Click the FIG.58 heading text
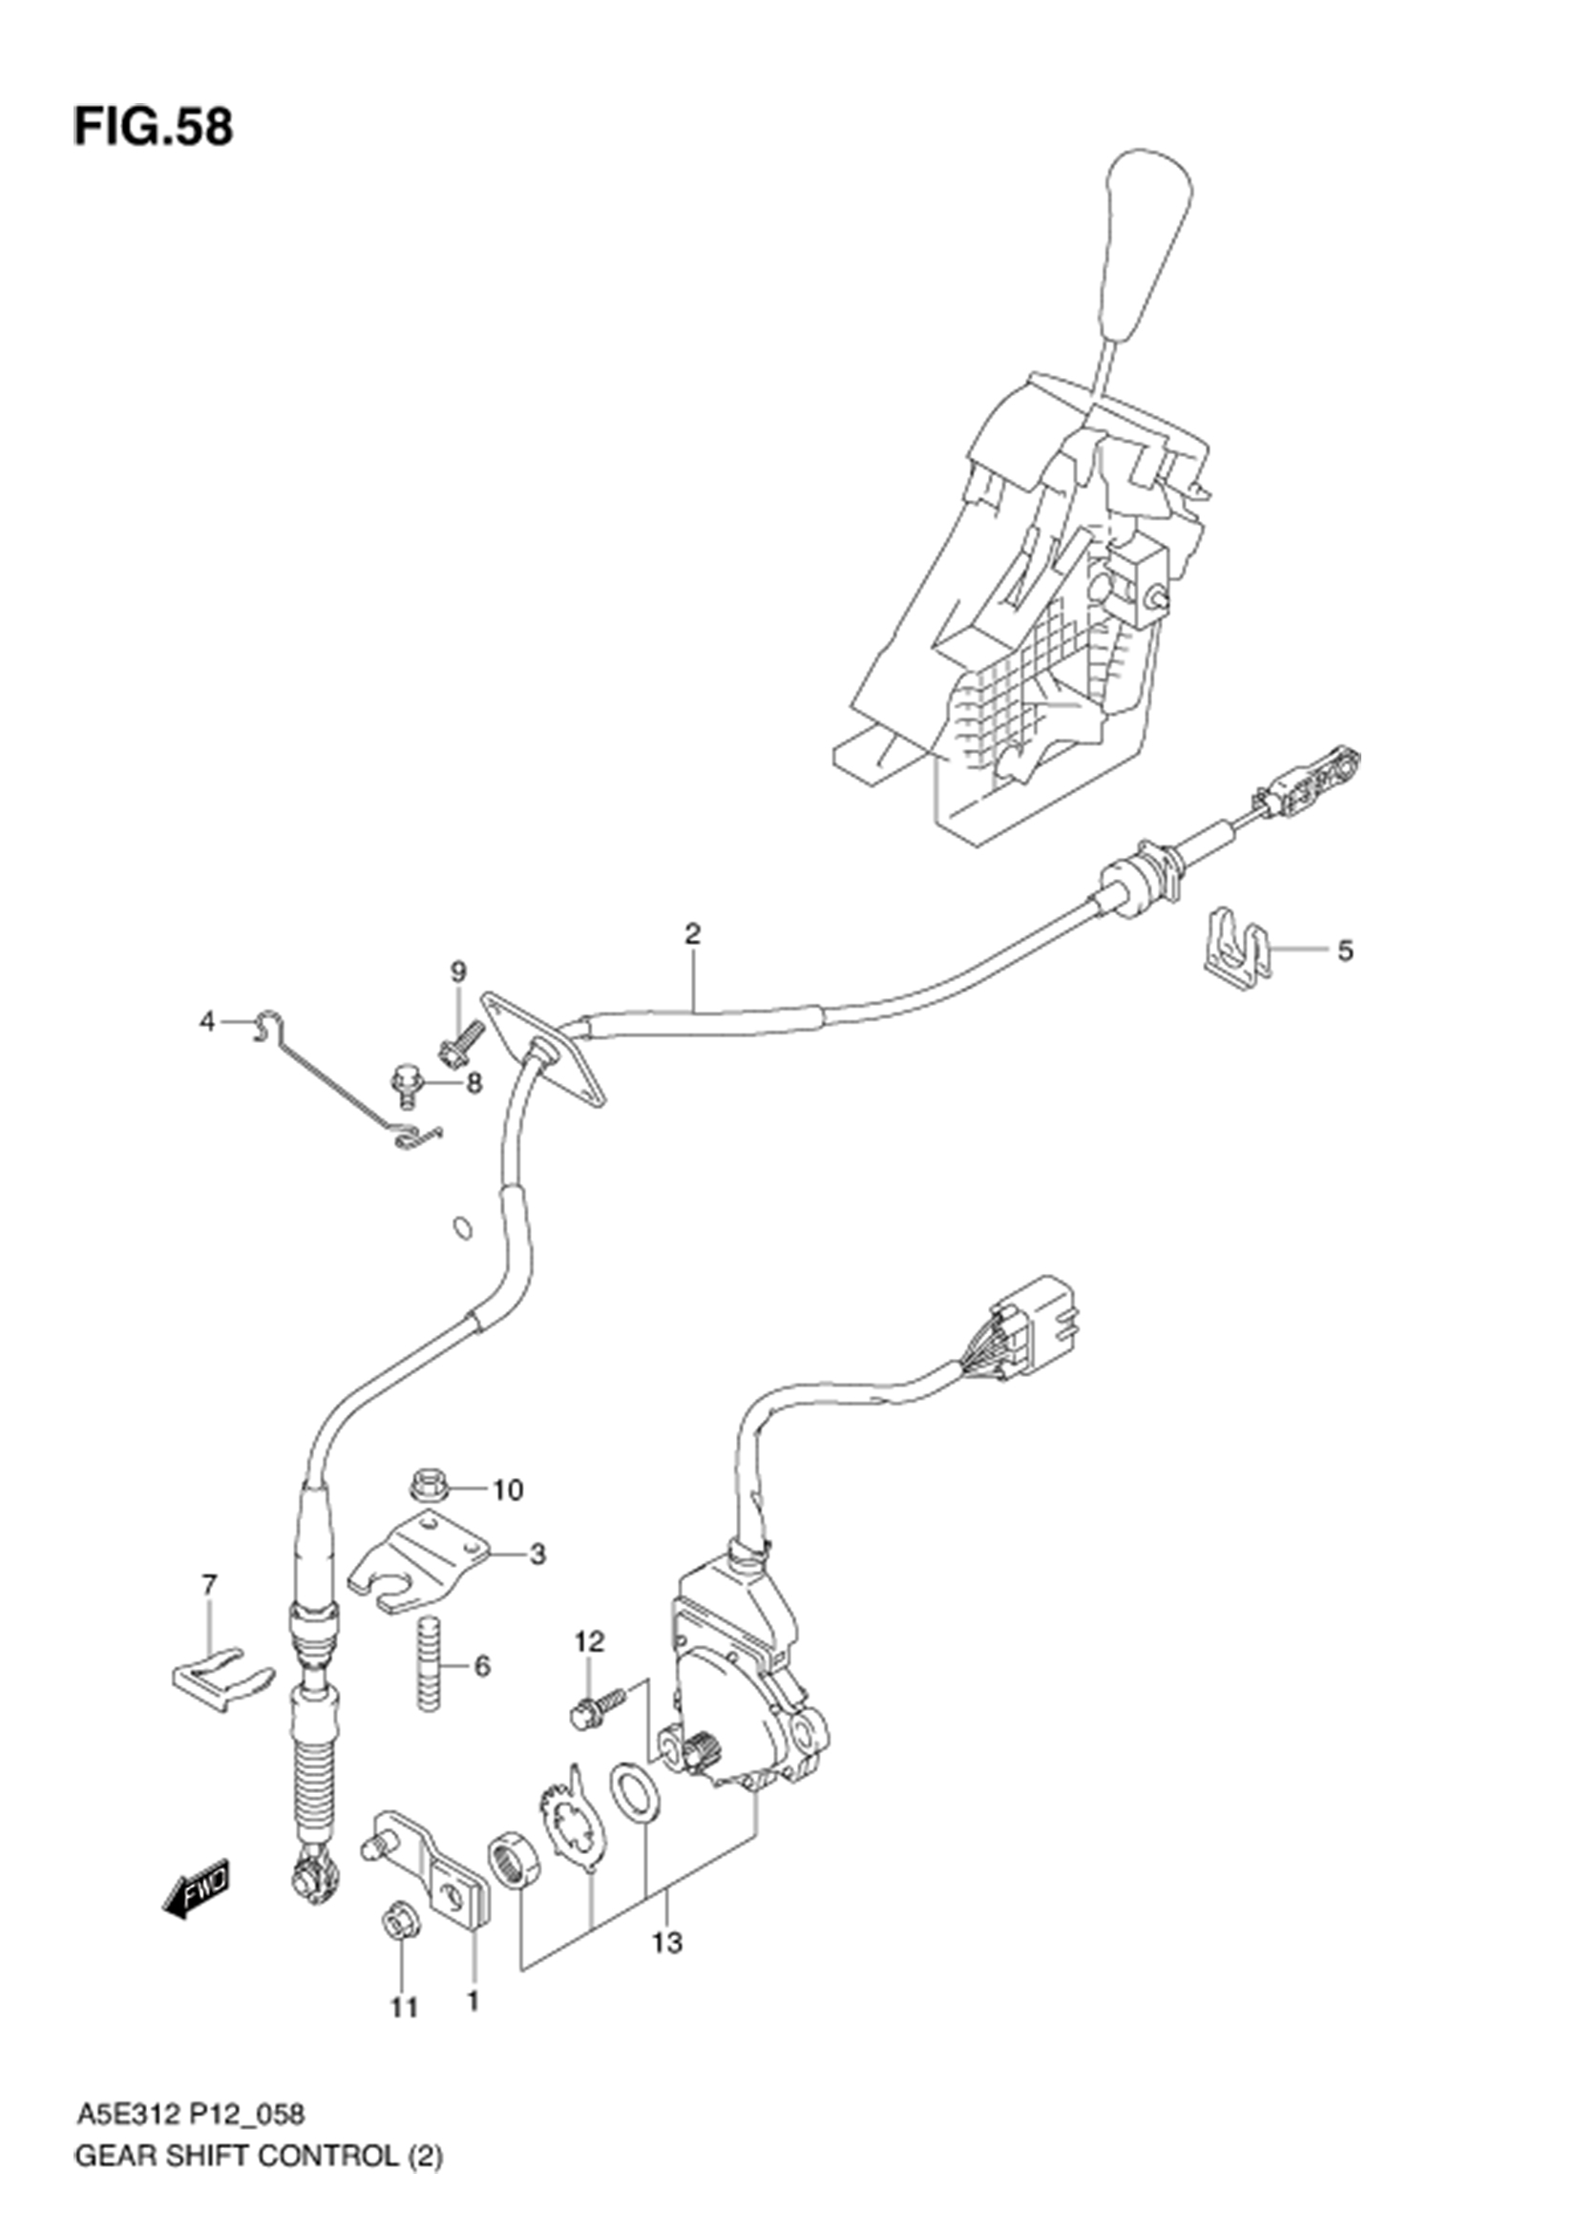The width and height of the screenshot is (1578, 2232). (153, 127)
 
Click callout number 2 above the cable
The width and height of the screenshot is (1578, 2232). (691, 934)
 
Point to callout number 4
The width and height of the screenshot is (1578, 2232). (207, 1022)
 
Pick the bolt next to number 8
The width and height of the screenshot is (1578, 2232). (404, 1085)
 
